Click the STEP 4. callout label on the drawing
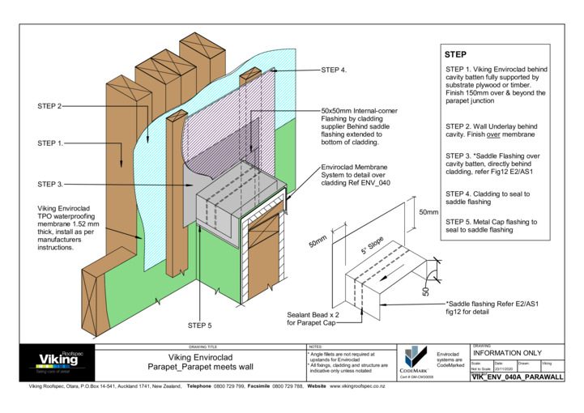tap(334, 70)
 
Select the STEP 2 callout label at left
tap(49, 106)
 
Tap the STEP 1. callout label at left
tap(50, 143)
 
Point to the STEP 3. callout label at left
tap(50, 185)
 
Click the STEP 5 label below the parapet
tap(199, 326)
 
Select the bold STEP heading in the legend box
tap(456, 54)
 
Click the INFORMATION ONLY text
tap(506, 354)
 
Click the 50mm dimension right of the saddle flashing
tap(428, 211)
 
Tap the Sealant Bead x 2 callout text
tap(311, 319)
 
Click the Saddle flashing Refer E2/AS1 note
tap(492, 307)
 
